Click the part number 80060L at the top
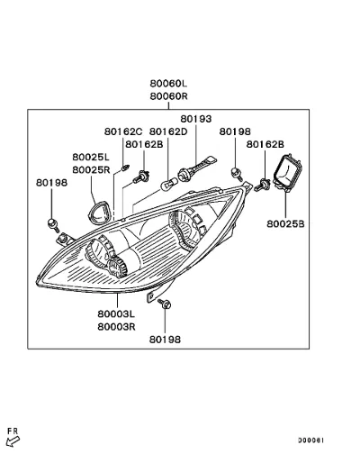click(x=168, y=83)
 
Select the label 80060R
click(x=168, y=96)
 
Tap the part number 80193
click(x=196, y=119)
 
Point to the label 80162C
click(x=123, y=132)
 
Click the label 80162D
click(x=168, y=132)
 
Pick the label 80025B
click(x=285, y=224)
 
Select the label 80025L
click(x=91, y=157)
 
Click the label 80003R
click(x=116, y=327)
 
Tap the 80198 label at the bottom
click(x=165, y=340)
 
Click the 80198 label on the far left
click(x=51, y=183)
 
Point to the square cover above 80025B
click(x=288, y=172)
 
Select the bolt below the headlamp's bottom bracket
click(x=165, y=304)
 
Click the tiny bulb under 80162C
click(x=125, y=167)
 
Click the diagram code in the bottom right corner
click(x=310, y=440)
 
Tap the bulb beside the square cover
click(x=263, y=185)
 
